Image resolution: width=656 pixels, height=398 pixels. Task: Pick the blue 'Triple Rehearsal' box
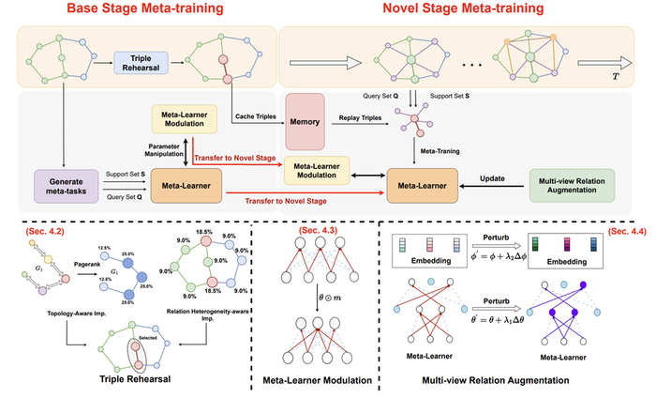pyautogui.click(x=140, y=63)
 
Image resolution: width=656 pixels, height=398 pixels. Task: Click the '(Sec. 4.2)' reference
pyautogui.click(x=38, y=228)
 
